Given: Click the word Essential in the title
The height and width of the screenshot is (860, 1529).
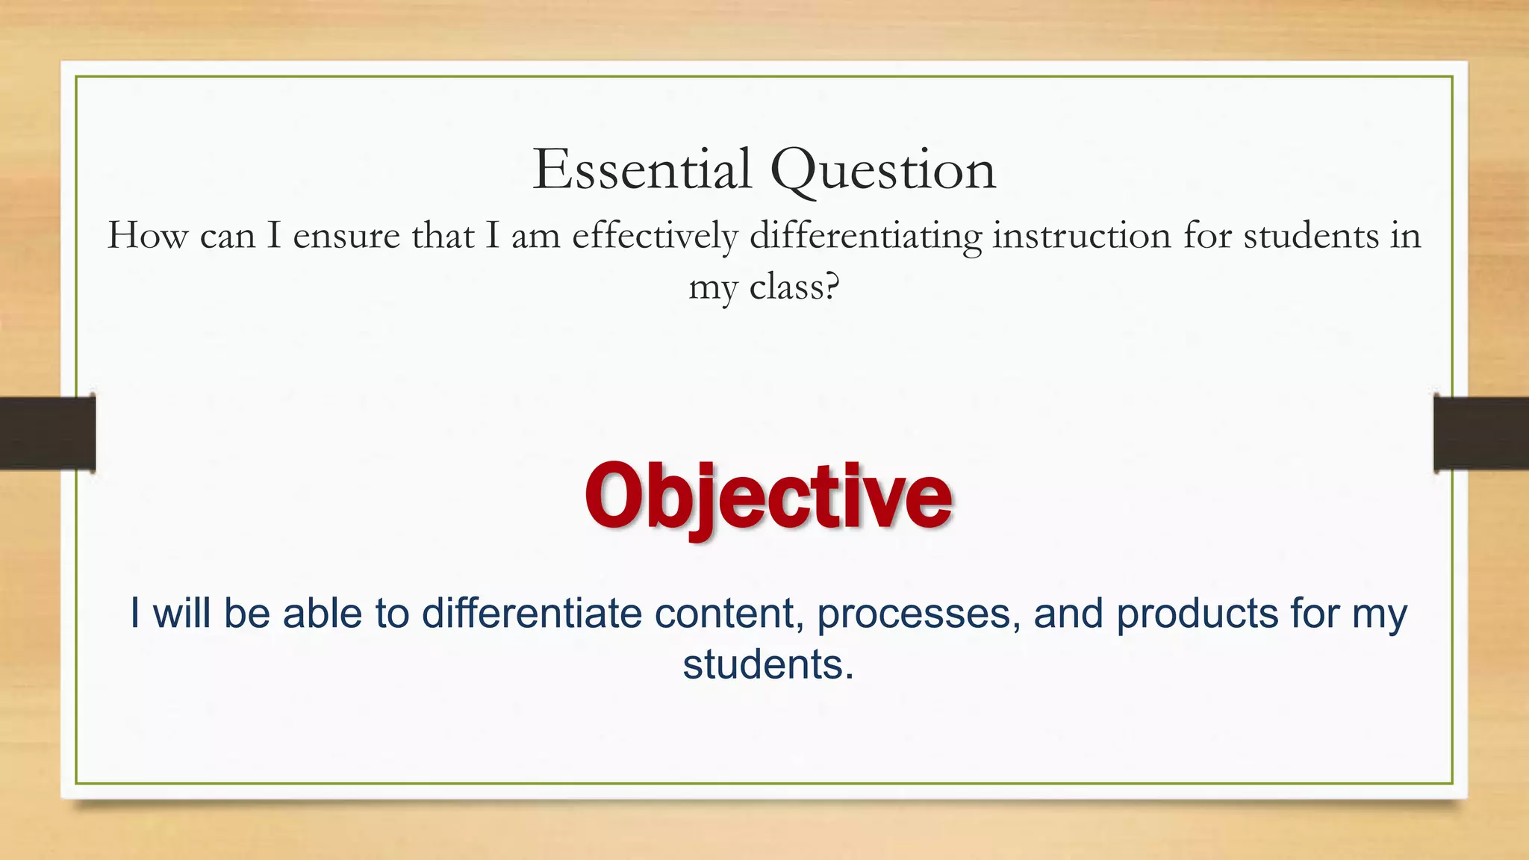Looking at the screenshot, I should click(x=641, y=170).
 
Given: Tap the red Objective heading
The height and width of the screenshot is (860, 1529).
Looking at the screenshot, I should click(x=767, y=496).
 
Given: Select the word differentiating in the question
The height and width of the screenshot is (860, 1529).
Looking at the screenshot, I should click(x=865, y=237).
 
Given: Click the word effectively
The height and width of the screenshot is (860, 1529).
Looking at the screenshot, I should click(x=655, y=237).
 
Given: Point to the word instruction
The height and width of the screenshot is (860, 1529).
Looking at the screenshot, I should click(x=1081, y=237).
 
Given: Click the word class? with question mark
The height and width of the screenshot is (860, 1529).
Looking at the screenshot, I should click(x=794, y=287).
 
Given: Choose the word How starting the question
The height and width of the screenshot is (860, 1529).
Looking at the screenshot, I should click(x=148, y=236).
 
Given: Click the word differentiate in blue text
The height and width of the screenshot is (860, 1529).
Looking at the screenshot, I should click(x=532, y=614).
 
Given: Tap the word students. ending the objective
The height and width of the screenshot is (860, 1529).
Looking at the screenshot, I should click(x=767, y=664).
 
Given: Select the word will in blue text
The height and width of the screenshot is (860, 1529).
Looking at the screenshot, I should click(x=181, y=614).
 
